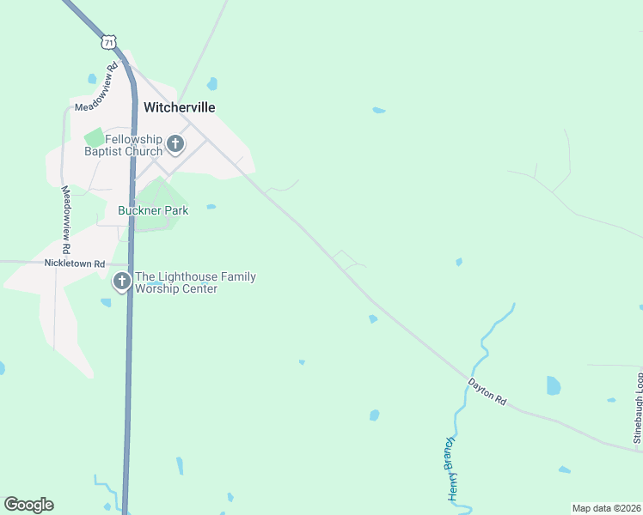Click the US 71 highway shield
[107, 41]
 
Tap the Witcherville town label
[179, 107]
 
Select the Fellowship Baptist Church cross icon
[175, 143]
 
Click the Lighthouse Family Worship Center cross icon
[122, 281]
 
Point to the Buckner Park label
[152, 210]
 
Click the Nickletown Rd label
[76, 264]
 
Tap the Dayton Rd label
[487, 391]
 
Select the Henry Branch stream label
[453, 468]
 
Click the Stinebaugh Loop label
[639, 410]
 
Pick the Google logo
[28, 505]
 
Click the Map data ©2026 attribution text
[607, 508]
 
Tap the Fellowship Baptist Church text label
[123, 145]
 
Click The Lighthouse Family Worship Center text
[194, 282]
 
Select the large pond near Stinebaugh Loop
[553, 385]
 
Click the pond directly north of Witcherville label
[211, 84]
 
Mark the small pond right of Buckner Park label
[211, 207]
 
